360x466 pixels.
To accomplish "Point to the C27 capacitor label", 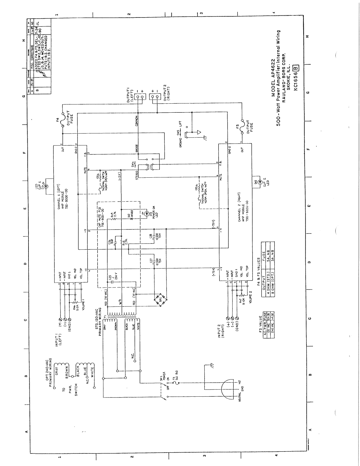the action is tap(151, 262).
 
